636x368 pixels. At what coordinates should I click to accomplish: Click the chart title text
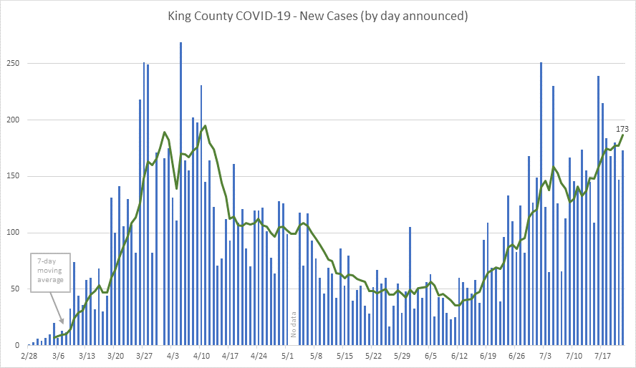[x=318, y=16]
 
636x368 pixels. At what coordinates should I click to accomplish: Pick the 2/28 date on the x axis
[x=29, y=355]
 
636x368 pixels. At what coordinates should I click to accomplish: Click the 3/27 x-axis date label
[x=144, y=355]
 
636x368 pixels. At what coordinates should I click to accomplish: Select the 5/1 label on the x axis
[x=287, y=355]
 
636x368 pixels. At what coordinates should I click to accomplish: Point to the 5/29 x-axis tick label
[x=402, y=355]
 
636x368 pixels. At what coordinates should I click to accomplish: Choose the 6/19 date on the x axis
[x=488, y=355]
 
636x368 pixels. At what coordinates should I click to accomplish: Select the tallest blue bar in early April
[x=180, y=193]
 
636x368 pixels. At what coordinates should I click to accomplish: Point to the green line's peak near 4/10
[x=206, y=126]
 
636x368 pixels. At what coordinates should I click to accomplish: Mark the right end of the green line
[x=623, y=135]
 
